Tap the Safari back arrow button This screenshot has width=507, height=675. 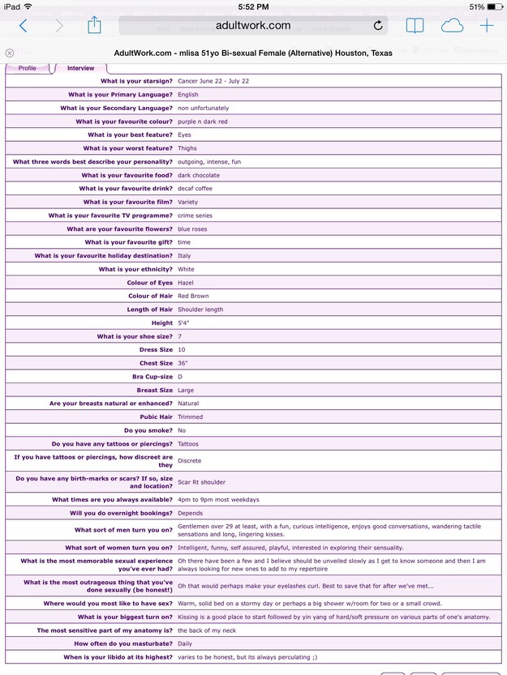[23, 25]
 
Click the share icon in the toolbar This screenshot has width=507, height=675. [93, 25]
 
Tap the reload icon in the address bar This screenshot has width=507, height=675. [378, 26]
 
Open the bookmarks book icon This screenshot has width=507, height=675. [415, 25]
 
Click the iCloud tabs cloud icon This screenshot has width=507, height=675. [451, 25]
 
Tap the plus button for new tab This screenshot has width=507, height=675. [487, 25]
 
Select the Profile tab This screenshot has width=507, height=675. [28, 68]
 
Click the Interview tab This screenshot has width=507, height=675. [80, 68]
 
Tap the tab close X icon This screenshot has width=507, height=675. [10, 53]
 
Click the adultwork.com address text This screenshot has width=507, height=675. [252, 25]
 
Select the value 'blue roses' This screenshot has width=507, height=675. [193, 229]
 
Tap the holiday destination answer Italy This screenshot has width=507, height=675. [184, 256]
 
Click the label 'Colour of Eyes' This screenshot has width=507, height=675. [150, 283]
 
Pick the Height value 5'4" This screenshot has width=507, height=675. [183, 323]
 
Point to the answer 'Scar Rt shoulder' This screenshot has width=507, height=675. [202, 482]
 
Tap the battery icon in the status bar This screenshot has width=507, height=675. [495, 6]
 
